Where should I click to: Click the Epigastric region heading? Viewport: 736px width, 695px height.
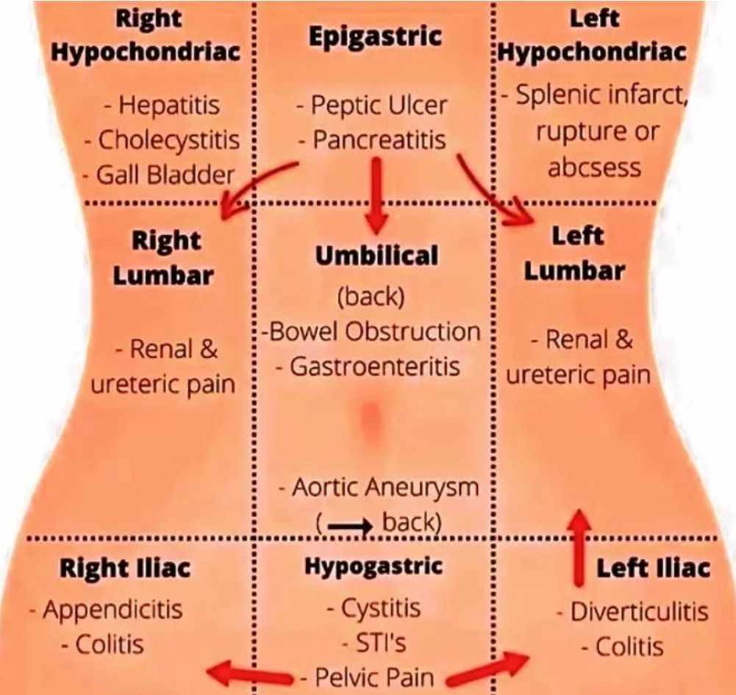tap(375, 37)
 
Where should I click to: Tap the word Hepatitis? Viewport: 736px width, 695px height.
tap(168, 105)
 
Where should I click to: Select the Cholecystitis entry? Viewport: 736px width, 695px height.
tap(168, 140)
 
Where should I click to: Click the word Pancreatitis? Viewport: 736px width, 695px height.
tap(378, 140)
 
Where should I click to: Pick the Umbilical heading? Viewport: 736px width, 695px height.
tap(376, 256)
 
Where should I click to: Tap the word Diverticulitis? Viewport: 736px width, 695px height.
tap(638, 612)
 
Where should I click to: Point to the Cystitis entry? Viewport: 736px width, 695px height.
tap(380, 608)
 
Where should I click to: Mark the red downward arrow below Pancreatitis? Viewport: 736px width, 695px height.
tap(376, 192)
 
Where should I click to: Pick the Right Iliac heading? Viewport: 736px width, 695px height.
tap(124, 568)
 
